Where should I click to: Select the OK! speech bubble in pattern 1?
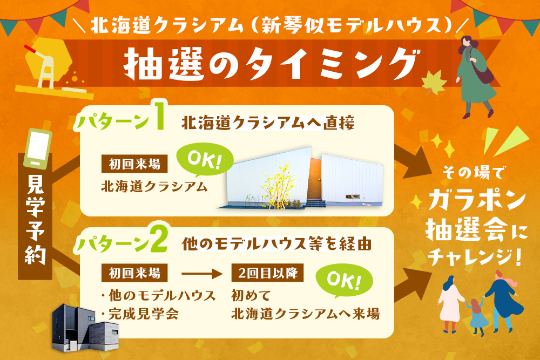click(x=205, y=159)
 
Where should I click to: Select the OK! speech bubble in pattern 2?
click(x=344, y=281)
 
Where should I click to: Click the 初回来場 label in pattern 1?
click(x=134, y=164)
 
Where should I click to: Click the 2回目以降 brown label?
click(x=268, y=273)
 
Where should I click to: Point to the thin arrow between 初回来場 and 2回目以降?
click(x=202, y=274)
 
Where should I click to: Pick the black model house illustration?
click(x=85, y=329)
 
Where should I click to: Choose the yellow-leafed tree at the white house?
click(x=278, y=186)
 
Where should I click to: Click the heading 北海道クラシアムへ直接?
click(x=268, y=123)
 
